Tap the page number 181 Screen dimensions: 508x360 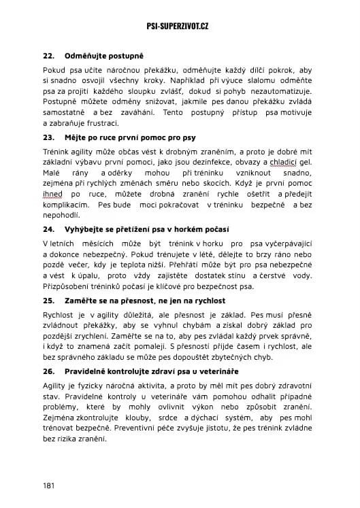point(48,486)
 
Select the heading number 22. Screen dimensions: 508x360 point(48,55)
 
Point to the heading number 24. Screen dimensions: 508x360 point(48,228)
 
